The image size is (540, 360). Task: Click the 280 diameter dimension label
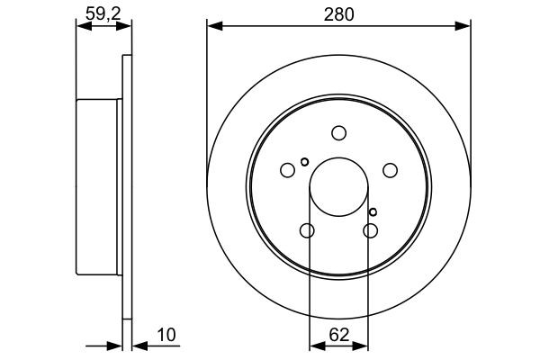(339, 13)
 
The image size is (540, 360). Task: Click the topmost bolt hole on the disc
(338, 133)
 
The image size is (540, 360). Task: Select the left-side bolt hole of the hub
(287, 170)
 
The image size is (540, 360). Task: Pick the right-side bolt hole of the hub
(390, 170)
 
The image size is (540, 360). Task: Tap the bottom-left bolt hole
(307, 231)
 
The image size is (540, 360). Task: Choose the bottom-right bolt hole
(370, 231)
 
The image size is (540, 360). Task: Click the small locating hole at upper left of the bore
(305, 162)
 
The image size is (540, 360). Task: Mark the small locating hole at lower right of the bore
(373, 212)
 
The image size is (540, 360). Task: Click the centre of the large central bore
(338, 187)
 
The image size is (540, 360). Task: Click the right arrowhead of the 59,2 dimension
(125, 26)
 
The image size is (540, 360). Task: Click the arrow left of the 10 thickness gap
(113, 344)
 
